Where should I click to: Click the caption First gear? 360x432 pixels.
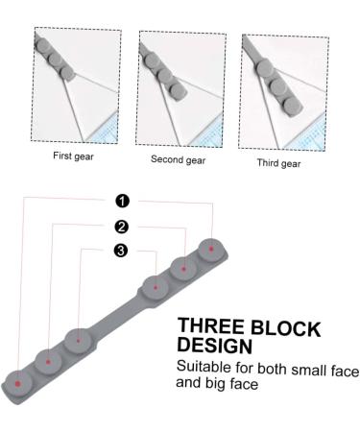(x=73, y=156)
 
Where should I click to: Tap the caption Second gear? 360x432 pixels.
(x=178, y=159)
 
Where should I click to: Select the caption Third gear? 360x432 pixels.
(x=278, y=163)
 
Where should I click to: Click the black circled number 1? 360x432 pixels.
(x=122, y=202)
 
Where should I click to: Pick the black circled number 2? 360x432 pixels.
(x=121, y=227)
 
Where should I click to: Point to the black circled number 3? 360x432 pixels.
(x=121, y=251)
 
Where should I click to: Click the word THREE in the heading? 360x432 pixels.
(x=210, y=325)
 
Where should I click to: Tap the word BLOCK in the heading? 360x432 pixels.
(x=285, y=328)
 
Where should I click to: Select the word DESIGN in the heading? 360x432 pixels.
(x=215, y=345)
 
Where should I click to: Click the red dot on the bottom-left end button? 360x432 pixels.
(x=17, y=384)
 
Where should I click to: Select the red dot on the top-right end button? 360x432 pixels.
(x=211, y=249)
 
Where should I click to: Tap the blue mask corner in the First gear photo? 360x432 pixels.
(x=104, y=130)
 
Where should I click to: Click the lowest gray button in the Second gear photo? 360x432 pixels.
(x=178, y=90)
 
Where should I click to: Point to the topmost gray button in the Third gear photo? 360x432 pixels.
(x=265, y=68)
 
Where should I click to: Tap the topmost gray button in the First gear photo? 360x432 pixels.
(x=42, y=46)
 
